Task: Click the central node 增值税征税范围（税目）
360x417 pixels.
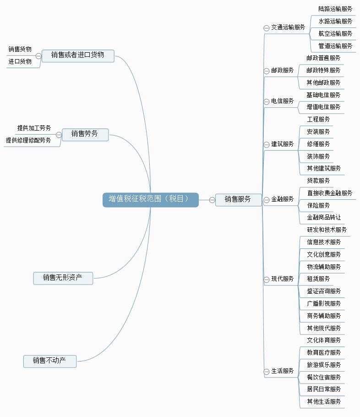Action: point(150,199)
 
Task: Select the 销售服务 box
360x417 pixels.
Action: point(238,199)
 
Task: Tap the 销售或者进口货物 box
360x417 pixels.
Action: point(78,55)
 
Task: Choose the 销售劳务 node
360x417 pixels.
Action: point(85,134)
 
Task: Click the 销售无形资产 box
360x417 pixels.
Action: point(63,278)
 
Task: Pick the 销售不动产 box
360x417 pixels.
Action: point(49,361)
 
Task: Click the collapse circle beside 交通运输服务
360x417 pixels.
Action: point(267,28)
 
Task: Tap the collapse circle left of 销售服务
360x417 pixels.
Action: point(212,200)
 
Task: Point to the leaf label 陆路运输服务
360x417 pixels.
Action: point(335,9)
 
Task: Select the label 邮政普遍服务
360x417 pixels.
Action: point(323,58)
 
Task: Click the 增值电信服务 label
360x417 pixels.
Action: point(323,107)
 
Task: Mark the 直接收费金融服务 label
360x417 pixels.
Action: point(330,193)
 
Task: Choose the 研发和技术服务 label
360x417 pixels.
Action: point(327,230)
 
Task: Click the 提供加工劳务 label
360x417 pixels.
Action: point(34,128)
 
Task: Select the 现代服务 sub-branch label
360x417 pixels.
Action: point(283,279)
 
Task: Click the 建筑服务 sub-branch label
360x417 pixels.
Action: point(283,144)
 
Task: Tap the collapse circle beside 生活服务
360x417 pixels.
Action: point(267,372)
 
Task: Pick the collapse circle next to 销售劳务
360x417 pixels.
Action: point(59,135)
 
